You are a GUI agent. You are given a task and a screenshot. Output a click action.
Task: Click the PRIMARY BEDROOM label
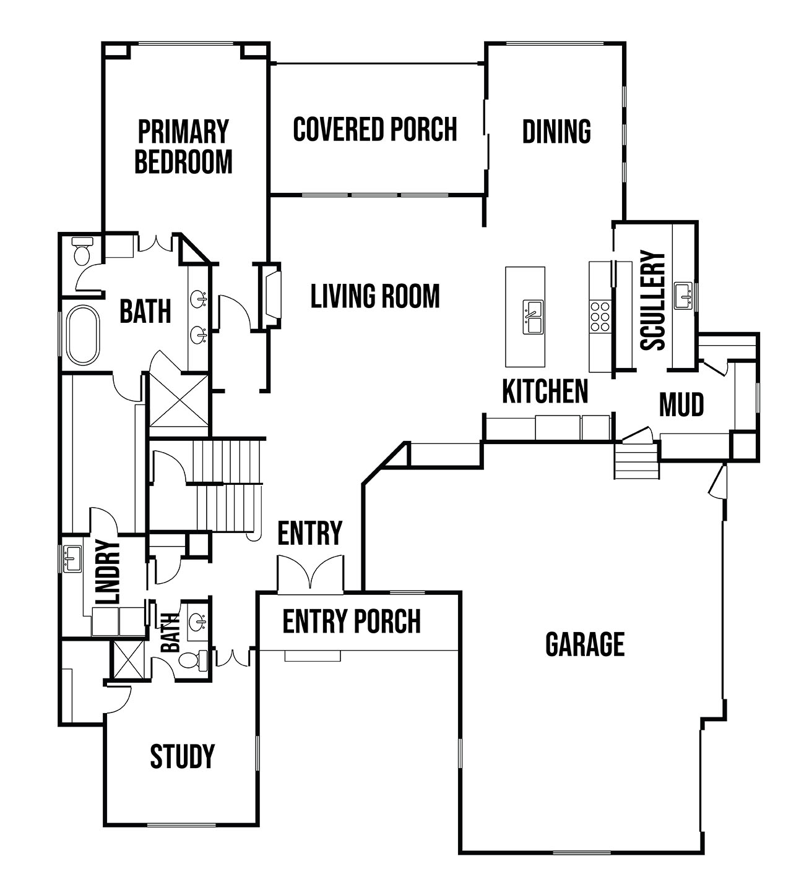click(183, 147)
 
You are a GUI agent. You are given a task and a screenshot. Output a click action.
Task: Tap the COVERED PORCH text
click(375, 130)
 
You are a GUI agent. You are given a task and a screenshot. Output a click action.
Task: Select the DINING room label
click(556, 131)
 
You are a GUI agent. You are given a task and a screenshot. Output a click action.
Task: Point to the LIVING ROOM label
click(375, 296)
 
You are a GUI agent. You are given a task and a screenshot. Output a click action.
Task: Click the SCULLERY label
click(652, 301)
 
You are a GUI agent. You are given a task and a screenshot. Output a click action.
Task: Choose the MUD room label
click(681, 405)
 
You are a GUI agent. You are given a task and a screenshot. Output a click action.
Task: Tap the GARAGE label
click(585, 644)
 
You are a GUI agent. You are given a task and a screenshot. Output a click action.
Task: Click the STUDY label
click(182, 756)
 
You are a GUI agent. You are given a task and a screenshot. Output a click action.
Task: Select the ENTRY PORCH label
click(352, 622)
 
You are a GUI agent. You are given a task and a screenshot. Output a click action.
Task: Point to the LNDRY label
click(108, 571)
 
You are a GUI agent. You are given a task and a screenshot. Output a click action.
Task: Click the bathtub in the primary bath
click(83, 335)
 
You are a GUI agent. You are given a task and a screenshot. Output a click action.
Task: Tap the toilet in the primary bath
click(82, 251)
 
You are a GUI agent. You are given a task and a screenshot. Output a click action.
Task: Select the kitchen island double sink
click(533, 317)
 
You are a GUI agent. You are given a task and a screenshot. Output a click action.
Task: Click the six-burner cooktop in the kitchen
click(600, 317)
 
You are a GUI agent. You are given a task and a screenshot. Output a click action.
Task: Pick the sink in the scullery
click(683, 296)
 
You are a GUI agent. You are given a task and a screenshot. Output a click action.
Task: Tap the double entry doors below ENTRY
click(310, 573)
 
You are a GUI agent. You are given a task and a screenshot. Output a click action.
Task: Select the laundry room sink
click(72, 559)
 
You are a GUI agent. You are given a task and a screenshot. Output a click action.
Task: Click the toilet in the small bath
click(193, 660)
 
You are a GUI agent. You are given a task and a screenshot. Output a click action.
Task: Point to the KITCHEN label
click(545, 391)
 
